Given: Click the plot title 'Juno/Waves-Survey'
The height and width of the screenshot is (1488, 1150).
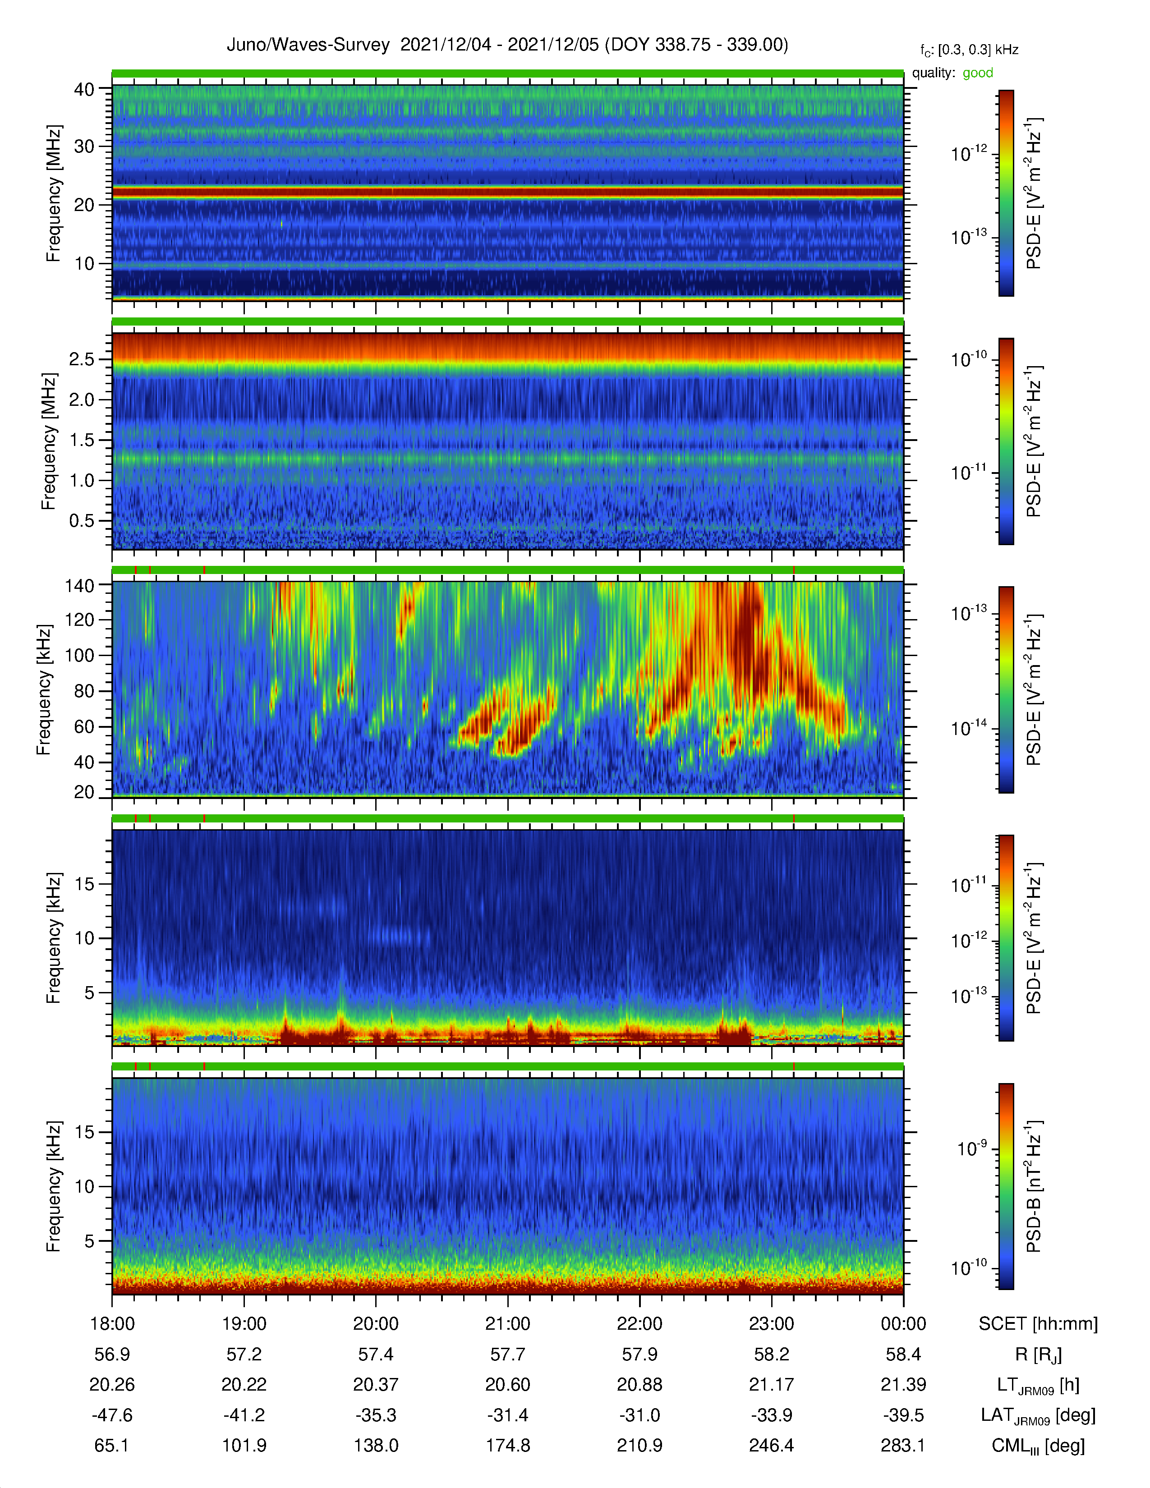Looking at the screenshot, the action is [308, 45].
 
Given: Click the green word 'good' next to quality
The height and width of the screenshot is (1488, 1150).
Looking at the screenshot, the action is [978, 73].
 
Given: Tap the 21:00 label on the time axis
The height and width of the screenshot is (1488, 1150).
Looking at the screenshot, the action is [507, 1324].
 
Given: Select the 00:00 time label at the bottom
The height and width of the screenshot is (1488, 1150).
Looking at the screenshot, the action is [903, 1324].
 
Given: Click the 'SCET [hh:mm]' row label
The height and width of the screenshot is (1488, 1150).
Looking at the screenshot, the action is [1038, 1324].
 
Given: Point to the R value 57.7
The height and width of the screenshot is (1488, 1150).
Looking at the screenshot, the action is [507, 1355].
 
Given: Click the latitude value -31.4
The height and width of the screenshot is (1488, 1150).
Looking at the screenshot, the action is [507, 1415].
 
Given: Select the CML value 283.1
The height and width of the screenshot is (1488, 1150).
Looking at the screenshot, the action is [903, 1446].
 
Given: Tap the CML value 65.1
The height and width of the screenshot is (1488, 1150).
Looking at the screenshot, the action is [112, 1446].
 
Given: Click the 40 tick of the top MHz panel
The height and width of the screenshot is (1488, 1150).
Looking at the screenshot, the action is [84, 89].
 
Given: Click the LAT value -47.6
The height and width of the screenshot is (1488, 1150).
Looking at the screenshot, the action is [112, 1415].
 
